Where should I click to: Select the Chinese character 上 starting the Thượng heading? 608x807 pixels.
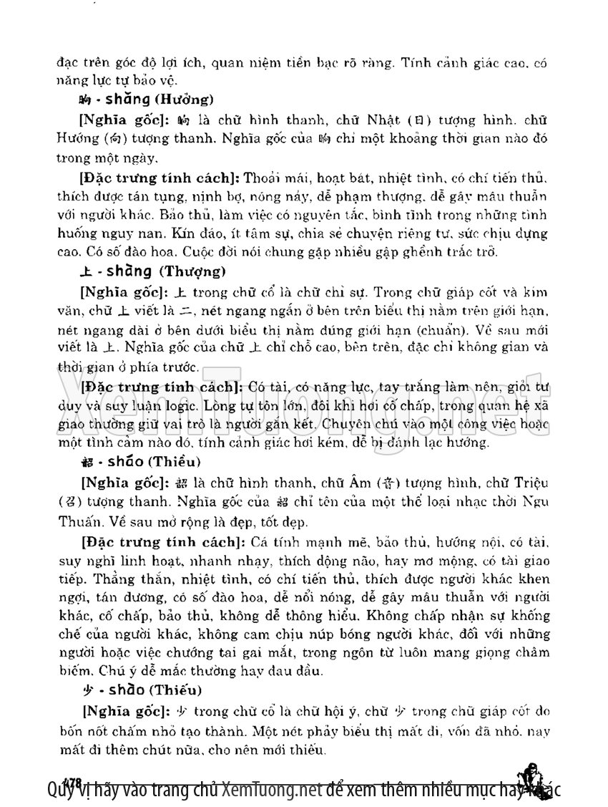pos(85,271)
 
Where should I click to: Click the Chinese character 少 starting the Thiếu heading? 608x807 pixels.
pos(85,690)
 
